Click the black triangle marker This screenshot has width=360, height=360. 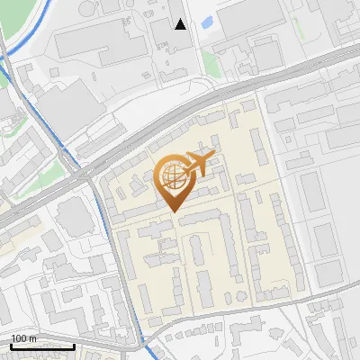(x=181, y=24)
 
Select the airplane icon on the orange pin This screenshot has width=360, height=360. (x=199, y=163)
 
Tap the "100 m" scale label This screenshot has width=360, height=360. (x=23, y=338)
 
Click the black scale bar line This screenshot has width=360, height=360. (x=42, y=346)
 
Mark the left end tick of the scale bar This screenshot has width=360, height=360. (x=11, y=344)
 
